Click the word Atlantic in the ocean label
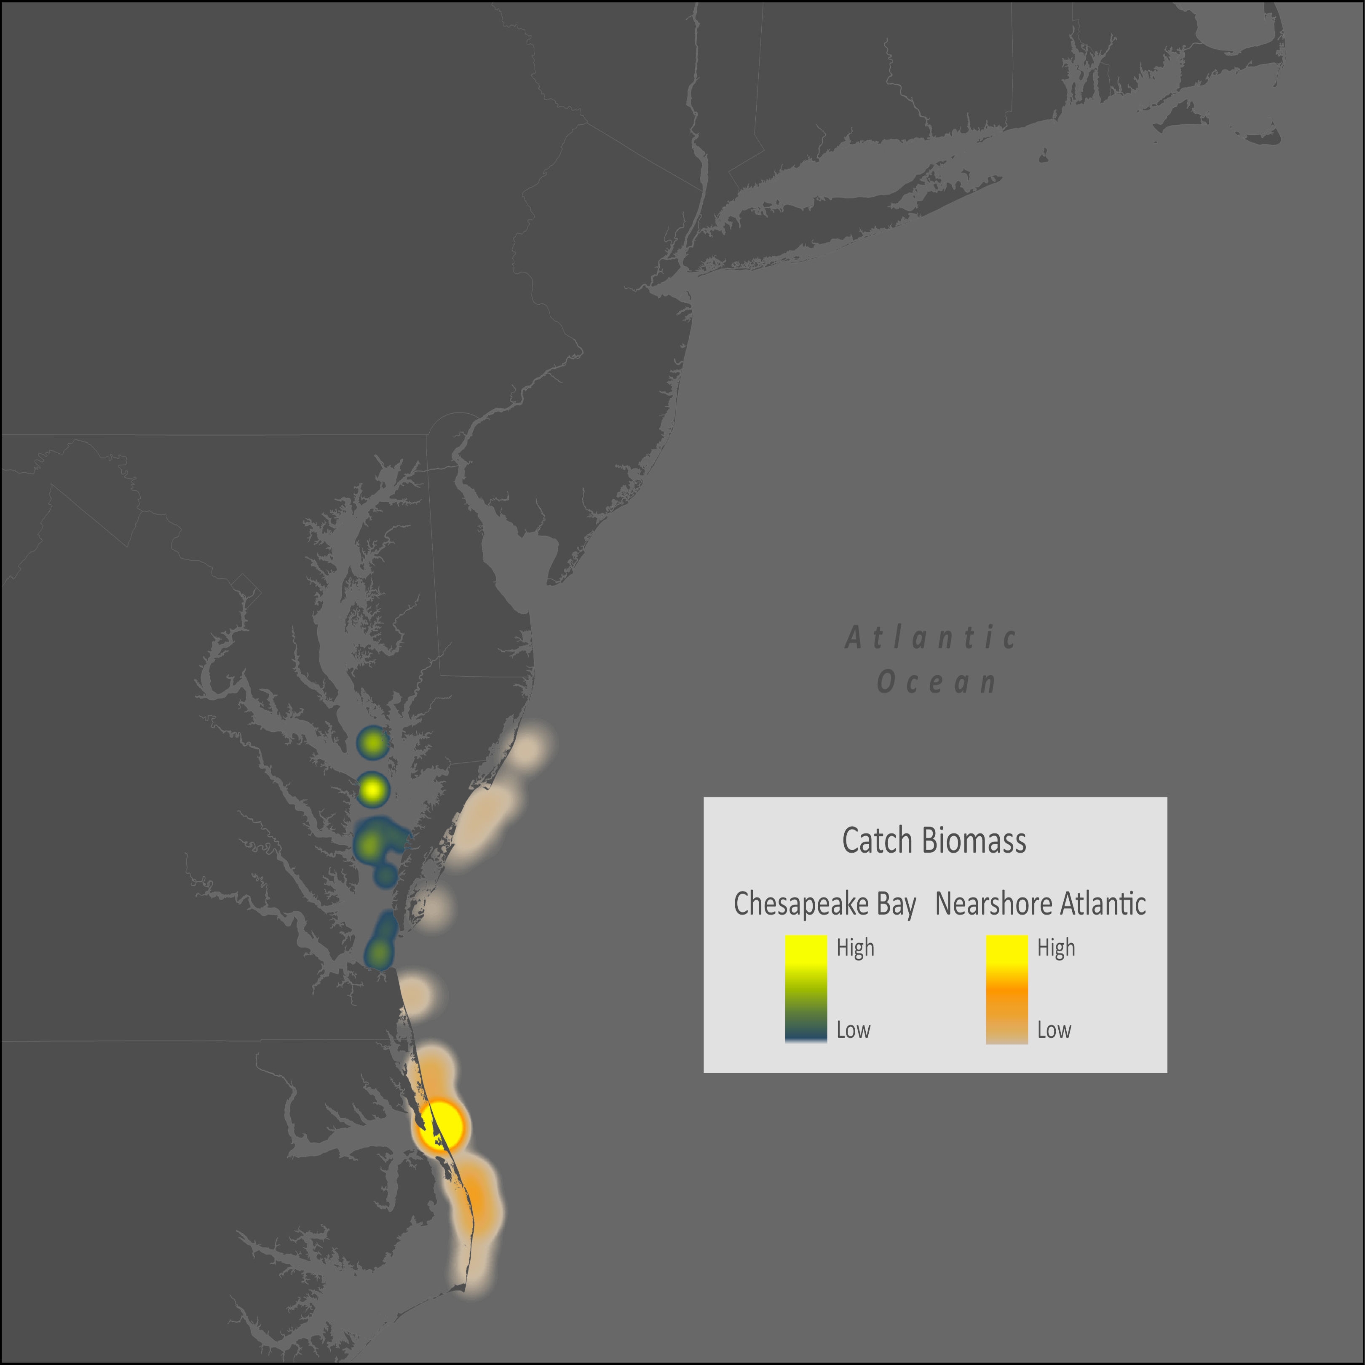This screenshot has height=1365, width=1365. pyautogui.click(x=931, y=638)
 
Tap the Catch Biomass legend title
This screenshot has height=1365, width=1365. pyautogui.click(x=934, y=841)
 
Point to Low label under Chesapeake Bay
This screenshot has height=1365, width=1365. pyautogui.click(x=853, y=1030)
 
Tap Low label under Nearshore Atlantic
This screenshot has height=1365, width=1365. pyautogui.click(x=1053, y=1030)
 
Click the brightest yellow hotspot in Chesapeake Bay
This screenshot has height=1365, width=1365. pyautogui.click(x=372, y=789)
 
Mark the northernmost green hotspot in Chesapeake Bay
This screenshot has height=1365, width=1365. pyautogui.click(x=372, y=743)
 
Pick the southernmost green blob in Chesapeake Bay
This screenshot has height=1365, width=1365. pyautogui.click(x=380, y=953)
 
